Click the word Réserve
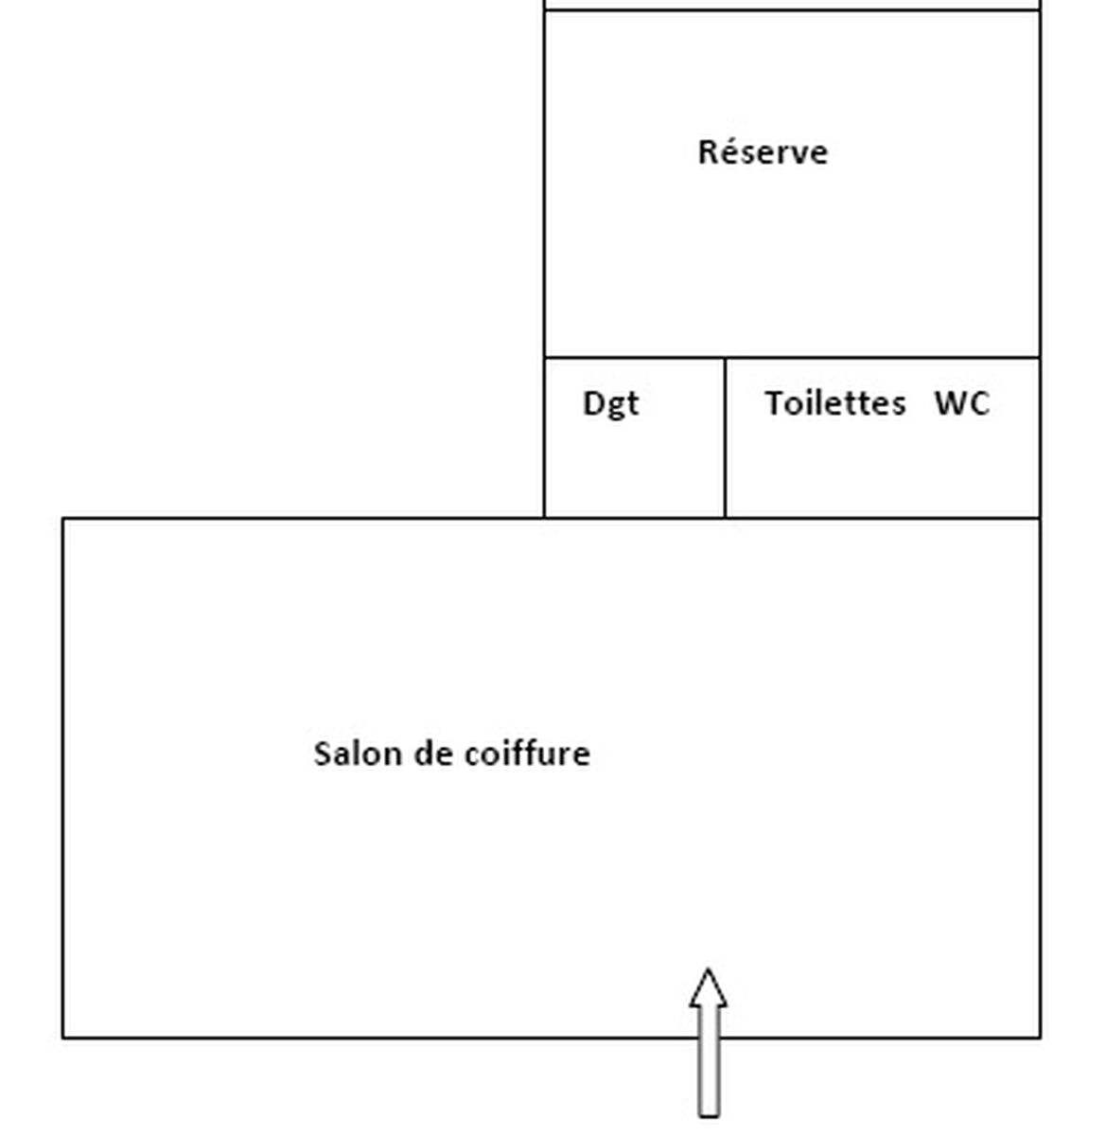click(763, 151)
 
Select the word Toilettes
click(835, 402)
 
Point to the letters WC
click(962, 402)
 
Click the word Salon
click(359, 753)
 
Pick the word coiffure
click(527, 753)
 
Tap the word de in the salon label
click(433, 753)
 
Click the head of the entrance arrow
click(709, 987)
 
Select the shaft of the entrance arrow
click(710, 1062)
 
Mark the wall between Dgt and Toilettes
click(725, 437)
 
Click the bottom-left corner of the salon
click(63, 1038)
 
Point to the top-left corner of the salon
click(63, 518)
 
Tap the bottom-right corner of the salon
click(1040, 1038)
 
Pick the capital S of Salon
click(323, 754)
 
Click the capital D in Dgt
click(592, 402)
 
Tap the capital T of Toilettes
click(775, 402)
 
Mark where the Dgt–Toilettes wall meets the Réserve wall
click(725, 357)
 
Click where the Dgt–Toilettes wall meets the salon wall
click(725, 518)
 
